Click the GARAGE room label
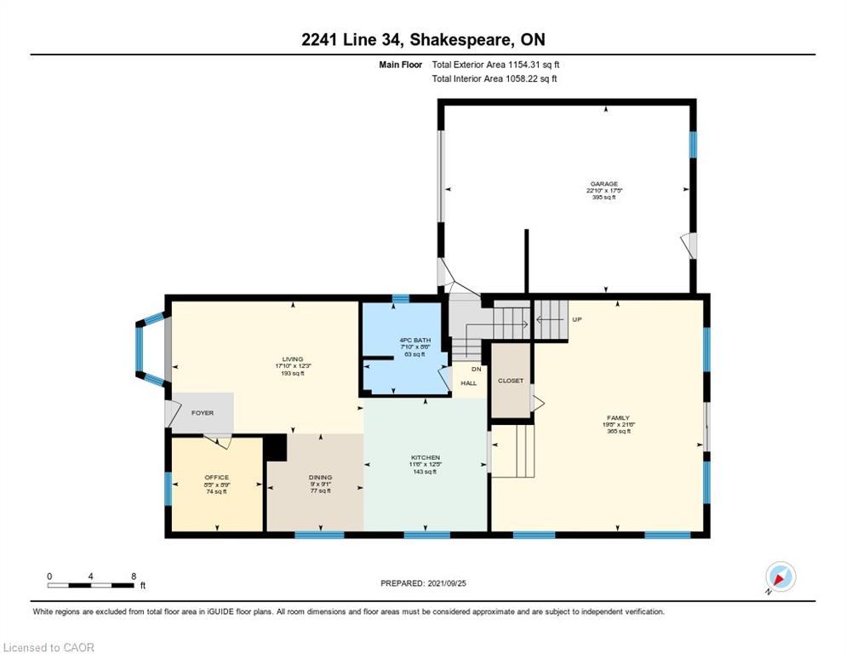604,183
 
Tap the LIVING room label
294,359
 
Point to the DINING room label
320,477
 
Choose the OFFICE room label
216,477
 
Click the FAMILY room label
618,417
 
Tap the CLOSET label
511,381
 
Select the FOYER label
202,413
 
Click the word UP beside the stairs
576,319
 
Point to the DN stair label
476,369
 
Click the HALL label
469,383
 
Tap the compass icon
780,577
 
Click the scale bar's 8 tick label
133,576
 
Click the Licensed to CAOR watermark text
48,647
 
